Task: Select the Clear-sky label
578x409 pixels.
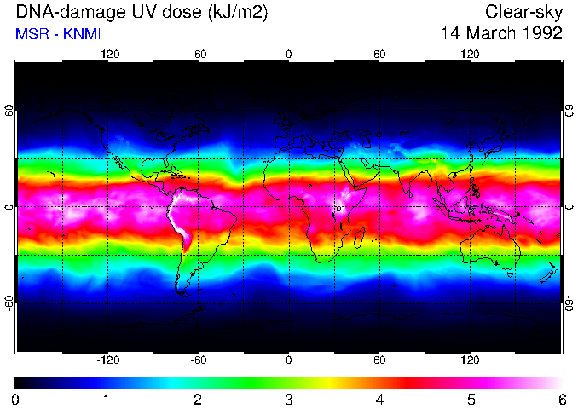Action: point(523,13)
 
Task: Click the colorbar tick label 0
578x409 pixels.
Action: point(15,399)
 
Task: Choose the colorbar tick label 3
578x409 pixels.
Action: point(288,399)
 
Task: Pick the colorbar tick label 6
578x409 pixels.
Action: point(561,399)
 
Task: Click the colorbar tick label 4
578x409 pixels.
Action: point(379,399)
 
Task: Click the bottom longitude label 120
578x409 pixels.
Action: point(471,360)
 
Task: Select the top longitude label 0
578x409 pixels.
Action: point(288,54)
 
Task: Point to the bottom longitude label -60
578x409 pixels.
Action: point(198,360)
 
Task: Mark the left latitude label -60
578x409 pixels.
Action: point(9,302)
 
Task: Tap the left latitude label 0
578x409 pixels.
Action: point(9,206)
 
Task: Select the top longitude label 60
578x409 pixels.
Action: point(379,54)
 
